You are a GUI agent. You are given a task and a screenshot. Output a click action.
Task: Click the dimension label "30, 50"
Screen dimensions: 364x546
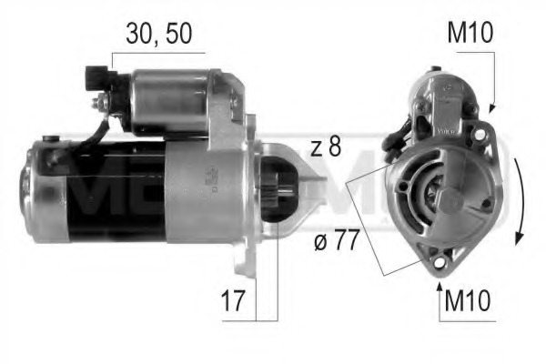(x=160, y=35)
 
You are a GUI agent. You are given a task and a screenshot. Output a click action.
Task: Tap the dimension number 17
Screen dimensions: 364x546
(x=234, y=301)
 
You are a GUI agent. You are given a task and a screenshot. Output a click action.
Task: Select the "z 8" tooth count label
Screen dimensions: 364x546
(x=325, y=147)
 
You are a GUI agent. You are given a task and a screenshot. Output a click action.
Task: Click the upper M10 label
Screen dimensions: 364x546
(x=470, y=35)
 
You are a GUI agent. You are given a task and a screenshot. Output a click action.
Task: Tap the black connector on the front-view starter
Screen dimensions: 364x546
(x=393, y=141)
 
